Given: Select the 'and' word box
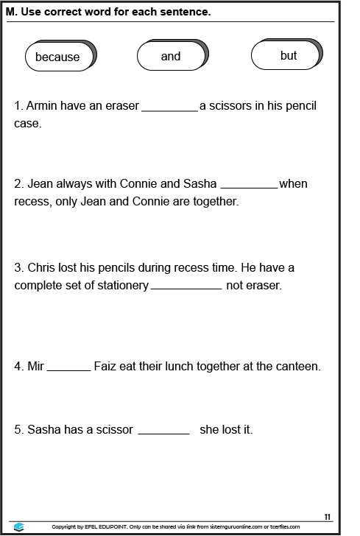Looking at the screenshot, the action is click(x=170, y=56).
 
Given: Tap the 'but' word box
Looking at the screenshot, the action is click(x=288, y=55).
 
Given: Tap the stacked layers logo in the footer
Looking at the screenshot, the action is click(x=19, y=526).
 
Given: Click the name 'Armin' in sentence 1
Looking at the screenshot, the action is click(x=43, y=105).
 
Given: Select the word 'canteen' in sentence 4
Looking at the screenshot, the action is click(x=297, y=366).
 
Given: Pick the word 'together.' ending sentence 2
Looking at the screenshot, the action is click(x=213, y=201).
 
